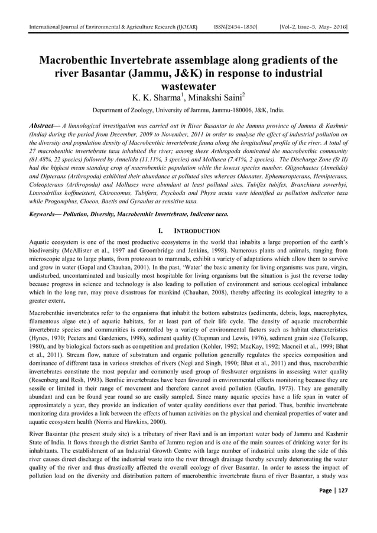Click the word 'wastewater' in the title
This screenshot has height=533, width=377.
pyautogui.click(x=188, y=86)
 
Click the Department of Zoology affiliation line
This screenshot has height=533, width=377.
pyautogui.click(x=188, y=110)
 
